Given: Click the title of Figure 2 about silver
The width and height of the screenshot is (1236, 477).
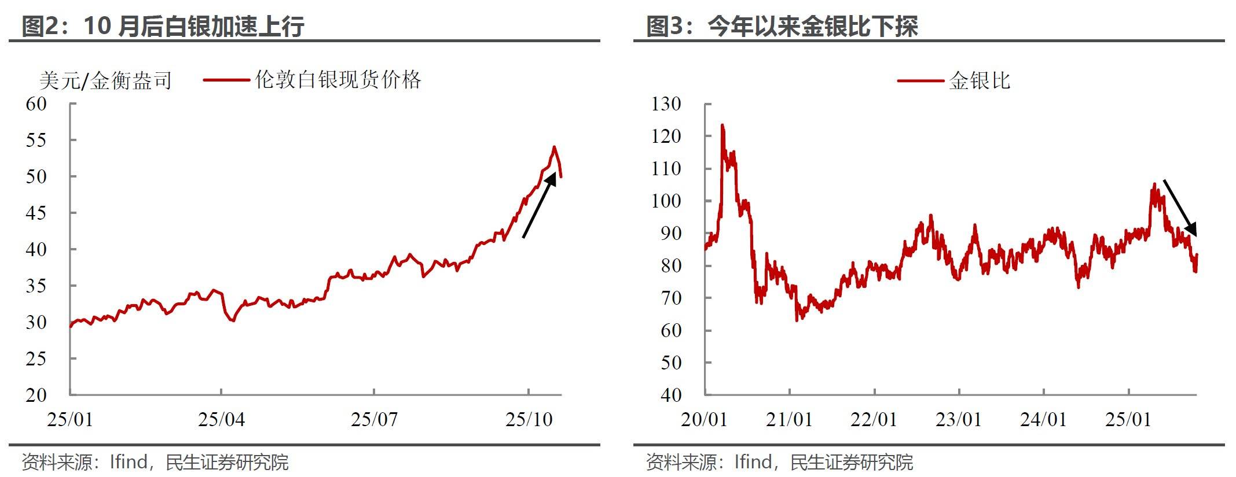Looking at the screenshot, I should tap(163, 26).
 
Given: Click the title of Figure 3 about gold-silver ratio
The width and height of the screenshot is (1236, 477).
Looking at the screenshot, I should tap(782, 26).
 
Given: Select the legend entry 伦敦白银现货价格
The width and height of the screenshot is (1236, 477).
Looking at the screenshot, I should tap(338, 80).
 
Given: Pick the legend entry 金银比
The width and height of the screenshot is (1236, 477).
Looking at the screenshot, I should tap(979, 80).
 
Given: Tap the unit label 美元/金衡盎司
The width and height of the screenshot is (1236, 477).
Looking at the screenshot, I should tap(105, 80).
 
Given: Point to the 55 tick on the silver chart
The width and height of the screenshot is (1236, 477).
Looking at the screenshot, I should tap(36, 140).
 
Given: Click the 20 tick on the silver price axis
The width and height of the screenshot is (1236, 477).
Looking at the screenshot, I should tap(36, 395).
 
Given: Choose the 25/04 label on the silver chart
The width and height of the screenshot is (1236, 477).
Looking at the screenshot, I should tap(221, 419).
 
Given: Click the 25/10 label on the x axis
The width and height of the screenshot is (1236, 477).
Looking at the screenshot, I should tap(529, 419).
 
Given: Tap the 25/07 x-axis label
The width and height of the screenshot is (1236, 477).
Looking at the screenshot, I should tap(374, 419).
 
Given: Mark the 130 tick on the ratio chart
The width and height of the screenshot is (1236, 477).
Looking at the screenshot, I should tap(666, 104).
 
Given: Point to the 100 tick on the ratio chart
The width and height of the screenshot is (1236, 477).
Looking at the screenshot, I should tap(666, 201).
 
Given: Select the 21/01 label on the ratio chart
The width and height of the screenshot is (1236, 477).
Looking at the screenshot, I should tap(789, 419).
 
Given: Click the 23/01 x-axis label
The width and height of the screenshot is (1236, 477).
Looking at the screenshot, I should tap(959, 419).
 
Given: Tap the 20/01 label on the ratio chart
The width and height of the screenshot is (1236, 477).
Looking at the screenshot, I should tap(704, 419).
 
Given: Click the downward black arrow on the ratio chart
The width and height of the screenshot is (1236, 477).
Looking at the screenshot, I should tap(1180, 208).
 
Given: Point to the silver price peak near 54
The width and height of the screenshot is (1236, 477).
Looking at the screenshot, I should tap(554, 147).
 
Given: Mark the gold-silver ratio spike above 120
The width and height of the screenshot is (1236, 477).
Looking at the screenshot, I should tap(722, 125).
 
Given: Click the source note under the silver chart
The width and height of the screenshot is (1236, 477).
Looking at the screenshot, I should tap(155, 462).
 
